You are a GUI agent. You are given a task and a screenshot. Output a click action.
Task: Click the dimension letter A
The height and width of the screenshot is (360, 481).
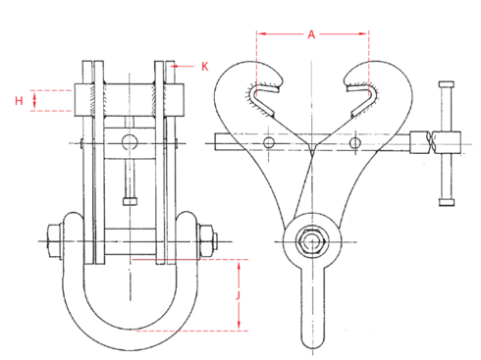311,33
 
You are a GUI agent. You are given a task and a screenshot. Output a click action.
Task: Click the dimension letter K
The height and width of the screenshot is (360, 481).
204,67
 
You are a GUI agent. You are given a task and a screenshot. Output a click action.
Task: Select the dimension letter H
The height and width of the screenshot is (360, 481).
19,100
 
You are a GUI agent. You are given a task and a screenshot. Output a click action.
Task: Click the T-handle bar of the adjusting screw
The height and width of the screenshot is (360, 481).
447,142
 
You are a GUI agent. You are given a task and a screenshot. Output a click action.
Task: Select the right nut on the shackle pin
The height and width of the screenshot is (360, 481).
206,238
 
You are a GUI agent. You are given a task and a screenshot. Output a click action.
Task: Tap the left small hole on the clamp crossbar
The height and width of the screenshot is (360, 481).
269,144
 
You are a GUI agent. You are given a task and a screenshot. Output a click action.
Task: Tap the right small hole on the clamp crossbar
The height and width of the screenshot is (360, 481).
353,144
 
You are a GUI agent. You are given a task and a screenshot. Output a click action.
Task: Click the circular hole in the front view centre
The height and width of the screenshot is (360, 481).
129,143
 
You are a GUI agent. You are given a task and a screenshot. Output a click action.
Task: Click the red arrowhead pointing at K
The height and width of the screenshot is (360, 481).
176,67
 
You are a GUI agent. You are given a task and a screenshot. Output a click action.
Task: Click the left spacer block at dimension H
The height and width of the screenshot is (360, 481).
87,100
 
